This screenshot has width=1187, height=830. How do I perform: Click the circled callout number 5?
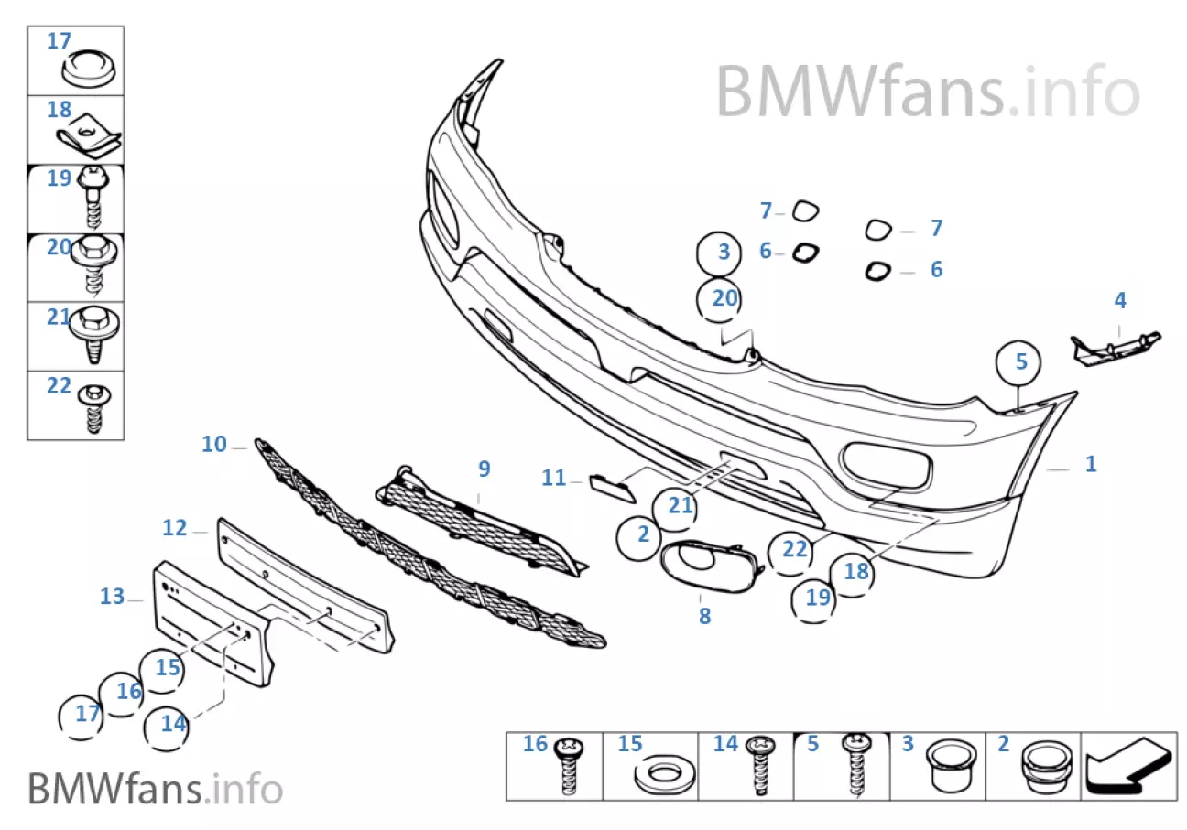coord(1021,361)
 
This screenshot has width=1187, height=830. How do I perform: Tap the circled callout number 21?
coord(680,505)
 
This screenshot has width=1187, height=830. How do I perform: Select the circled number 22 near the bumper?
coord(794,550)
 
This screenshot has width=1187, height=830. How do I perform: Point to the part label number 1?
coord(1090,464)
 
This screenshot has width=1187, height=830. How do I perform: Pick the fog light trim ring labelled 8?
coord(705,563)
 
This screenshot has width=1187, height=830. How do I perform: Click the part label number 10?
coord(213,445)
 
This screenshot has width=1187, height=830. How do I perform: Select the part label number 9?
coord(484,469)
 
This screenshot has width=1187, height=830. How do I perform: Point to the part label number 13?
coord(112,597)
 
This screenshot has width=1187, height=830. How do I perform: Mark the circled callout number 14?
coord(173,724)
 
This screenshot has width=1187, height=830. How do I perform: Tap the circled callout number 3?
coord(724,252)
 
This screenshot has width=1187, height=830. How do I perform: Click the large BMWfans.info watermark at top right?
coord(927,92)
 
